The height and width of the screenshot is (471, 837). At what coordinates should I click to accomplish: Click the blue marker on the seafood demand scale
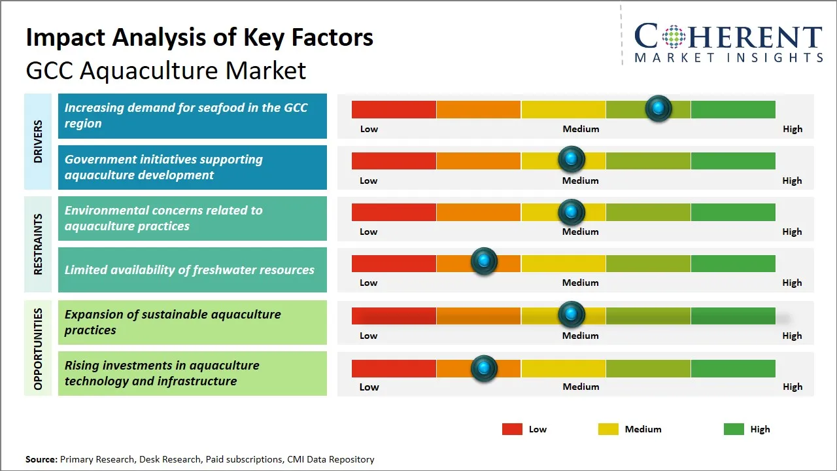pyautogui.click(x=658, y=108)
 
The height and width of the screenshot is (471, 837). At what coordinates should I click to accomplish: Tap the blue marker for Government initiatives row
pyautogui.click(x=572, y=159)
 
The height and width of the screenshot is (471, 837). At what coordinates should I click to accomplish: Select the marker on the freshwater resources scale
pyautogui.click(x=484, y=262)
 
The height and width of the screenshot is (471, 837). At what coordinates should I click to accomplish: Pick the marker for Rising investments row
pyautogui.click(x=484, y=368)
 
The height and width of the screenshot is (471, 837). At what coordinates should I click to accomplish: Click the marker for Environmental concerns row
pyautogui.click(x=572, y=211)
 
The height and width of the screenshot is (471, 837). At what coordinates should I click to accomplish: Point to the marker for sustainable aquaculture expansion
pyautogui.click(x=572, y=315)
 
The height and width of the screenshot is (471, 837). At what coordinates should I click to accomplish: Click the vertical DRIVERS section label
pyautogui.click(x=38, y=141)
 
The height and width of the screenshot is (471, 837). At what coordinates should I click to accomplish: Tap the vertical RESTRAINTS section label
pyautogui.click(x=38, y=244)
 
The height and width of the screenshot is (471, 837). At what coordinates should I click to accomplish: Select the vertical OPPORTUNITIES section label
pyautogui.click(x=38, y=349)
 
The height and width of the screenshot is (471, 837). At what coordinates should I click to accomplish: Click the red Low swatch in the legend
pyautogui.click(x=512, y=429)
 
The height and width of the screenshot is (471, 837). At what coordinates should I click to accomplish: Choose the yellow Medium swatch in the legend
pyautogui.click(x=608, y=429)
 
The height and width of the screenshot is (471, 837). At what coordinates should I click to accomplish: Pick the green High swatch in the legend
pyautogui.click(x=734, y=429)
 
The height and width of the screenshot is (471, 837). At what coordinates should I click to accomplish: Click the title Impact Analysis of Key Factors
pyautogui.click(x=199, y=38)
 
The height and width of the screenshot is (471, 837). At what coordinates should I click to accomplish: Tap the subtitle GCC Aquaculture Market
pyautogui.click(x=166, y=70)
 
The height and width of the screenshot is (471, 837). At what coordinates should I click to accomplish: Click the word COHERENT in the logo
pyautogui.click(x=728, y=37)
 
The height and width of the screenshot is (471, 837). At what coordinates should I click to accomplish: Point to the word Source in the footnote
pyautogui.click(x=41, y=459)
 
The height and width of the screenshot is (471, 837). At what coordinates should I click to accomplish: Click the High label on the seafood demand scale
pyautogui.click(x=792, y=129)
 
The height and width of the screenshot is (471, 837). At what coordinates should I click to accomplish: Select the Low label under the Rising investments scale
pyautogui.click(x=369, y=387)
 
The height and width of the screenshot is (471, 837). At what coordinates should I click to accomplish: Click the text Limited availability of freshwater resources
pyautogui.click(x=190, y=270)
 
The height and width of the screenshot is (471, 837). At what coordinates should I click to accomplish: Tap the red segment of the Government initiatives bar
pyautogui.click(x=394, y=160)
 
